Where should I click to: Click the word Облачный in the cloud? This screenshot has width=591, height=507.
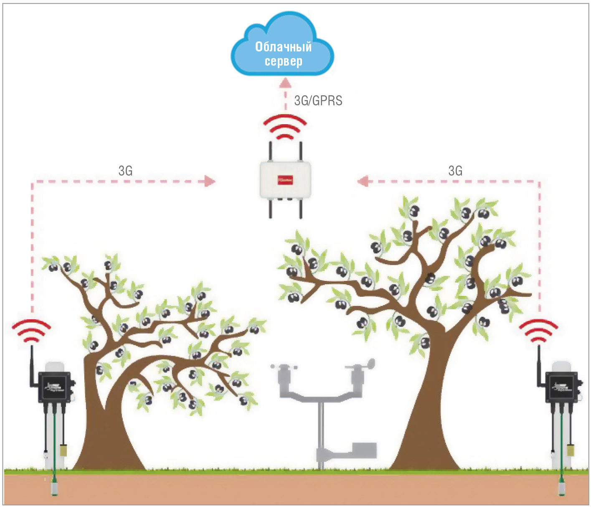coord(283,47)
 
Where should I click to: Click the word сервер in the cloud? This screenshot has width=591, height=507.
coord(283,61)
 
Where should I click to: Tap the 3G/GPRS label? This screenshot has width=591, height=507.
coord(318,101)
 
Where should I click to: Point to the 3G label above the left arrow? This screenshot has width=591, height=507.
coord(125,171)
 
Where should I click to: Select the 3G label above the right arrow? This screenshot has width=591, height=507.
coord(455,171)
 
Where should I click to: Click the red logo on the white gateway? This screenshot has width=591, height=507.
coord(285,180)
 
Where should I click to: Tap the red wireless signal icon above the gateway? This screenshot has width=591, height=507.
coord(285,127)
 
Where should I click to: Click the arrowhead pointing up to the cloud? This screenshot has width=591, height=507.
coord(285,82)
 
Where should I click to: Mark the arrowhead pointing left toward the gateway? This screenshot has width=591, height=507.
coord(363,181)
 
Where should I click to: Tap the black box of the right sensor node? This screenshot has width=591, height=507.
coord(561,387)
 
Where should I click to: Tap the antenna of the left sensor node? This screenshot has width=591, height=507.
coord(32,364)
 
